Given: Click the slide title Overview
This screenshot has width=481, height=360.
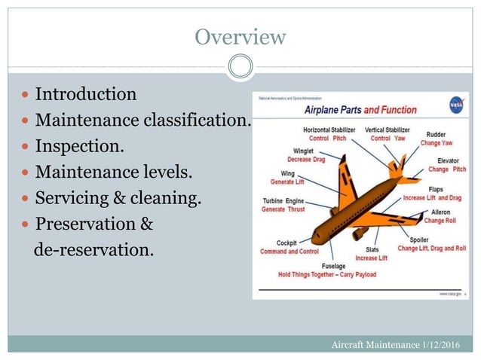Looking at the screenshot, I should click(240, 37).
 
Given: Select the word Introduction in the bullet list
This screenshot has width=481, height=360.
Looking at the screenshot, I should click(86, 95).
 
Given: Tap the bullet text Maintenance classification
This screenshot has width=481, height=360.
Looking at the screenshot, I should click(142, 120).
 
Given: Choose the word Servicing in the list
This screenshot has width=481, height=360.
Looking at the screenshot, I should click(74, 199).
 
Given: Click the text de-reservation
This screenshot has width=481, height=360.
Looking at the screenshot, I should click(93, 249).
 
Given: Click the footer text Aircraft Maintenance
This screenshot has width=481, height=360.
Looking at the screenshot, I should click(375, 344).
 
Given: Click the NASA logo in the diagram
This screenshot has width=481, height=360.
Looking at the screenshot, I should click(455, 105).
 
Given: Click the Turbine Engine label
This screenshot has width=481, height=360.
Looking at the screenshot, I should click(283, 201).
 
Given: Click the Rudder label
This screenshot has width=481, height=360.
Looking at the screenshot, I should click(436, 133).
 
